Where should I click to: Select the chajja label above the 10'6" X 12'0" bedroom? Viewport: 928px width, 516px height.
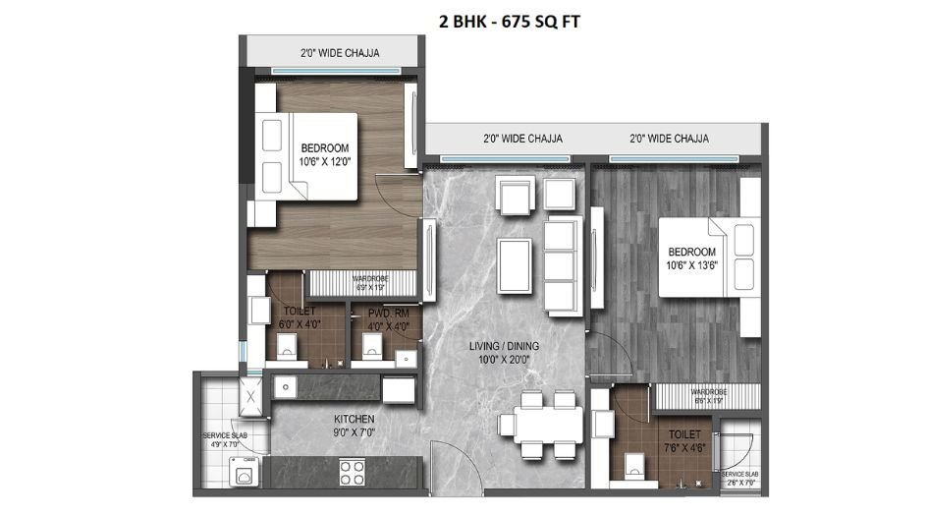[325, 52]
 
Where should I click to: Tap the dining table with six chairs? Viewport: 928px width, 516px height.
[537, 424]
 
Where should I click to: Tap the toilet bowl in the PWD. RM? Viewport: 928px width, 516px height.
[372, 345]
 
